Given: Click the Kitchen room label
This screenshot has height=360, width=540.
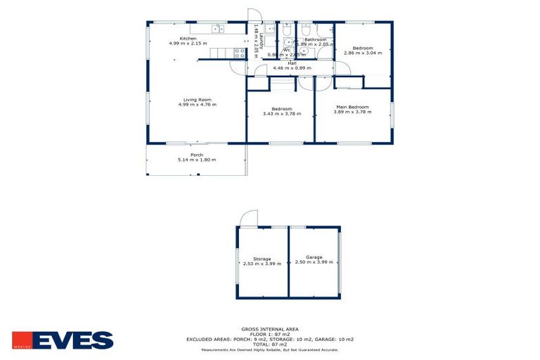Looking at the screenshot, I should [188, 38].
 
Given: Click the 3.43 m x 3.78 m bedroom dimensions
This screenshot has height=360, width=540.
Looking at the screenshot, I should [281, 114].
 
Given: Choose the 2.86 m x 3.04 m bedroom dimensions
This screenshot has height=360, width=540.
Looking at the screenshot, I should [364, 52].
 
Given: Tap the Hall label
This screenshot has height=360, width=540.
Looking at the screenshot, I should [292, 63].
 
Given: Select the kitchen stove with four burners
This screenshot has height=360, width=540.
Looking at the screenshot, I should [240, 51].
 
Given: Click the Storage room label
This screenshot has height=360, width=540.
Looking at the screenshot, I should [262, 259].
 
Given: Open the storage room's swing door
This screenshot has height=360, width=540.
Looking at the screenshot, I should [248, 219].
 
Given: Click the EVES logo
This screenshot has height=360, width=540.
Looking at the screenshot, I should [63, 340].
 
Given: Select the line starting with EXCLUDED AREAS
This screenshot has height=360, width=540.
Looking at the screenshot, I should [270, 339].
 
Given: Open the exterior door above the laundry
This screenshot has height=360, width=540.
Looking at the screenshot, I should [254, 18].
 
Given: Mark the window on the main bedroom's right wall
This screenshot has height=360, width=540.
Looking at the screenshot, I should [392, 115].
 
